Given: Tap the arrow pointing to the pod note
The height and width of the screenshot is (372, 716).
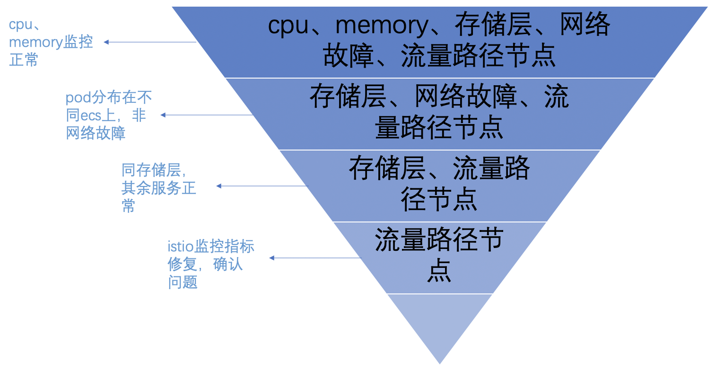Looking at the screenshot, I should click(207, 115).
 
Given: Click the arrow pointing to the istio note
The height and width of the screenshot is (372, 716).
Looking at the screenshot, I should click(314, 258).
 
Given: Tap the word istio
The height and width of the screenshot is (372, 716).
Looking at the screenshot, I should click(181, 247).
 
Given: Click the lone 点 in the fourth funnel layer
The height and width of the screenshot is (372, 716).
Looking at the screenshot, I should click(439, 270).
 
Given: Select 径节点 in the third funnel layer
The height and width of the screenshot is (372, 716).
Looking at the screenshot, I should click(439, 198).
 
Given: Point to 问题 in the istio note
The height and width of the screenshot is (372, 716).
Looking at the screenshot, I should click(183, 283).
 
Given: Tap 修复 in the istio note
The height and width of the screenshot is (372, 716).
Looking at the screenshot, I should click(183, 265).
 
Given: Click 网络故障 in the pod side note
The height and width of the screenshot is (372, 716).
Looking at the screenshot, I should click(96, 133).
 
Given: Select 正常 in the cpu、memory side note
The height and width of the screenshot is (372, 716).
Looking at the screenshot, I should click(24, 60).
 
